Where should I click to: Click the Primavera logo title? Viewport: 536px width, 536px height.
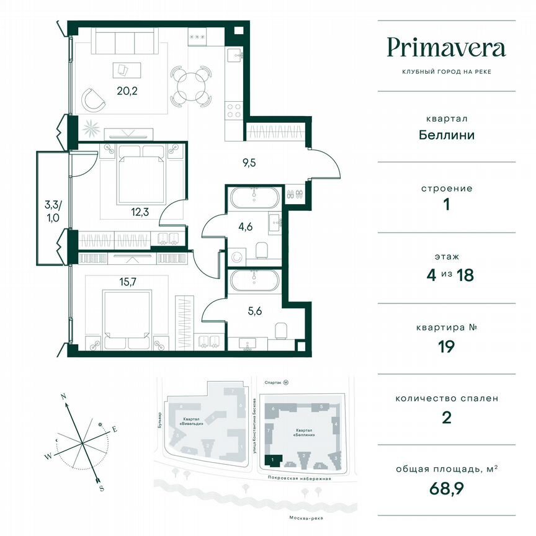[446, 48]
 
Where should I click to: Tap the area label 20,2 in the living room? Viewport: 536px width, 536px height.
[127, 89]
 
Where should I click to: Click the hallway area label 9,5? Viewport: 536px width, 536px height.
[249, 164]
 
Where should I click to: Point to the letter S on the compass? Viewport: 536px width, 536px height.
[100, 488]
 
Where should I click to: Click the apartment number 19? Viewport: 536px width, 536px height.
[445, 346]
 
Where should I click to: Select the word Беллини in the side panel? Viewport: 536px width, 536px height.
[445, 134]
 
